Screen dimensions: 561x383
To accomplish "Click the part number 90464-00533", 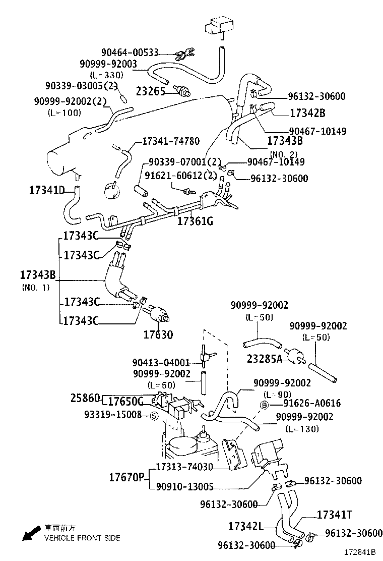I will tap(130, 52).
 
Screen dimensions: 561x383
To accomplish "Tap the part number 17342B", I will tap(307, 113).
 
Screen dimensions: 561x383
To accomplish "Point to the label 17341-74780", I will tap(171, 141).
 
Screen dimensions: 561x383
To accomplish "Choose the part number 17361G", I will tap(195, 221).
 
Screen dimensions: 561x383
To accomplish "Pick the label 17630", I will tap(158, 334).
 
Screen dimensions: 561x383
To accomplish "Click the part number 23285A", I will tap(264, 359).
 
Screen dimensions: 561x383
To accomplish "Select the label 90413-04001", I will tap(161, 363).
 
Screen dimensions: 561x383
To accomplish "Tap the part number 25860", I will tap(85, 399).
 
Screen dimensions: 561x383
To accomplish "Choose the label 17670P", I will tap(127, 477).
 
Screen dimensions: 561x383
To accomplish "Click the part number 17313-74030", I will tap(184, 468).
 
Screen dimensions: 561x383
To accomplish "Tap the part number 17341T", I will tap(334, 515).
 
